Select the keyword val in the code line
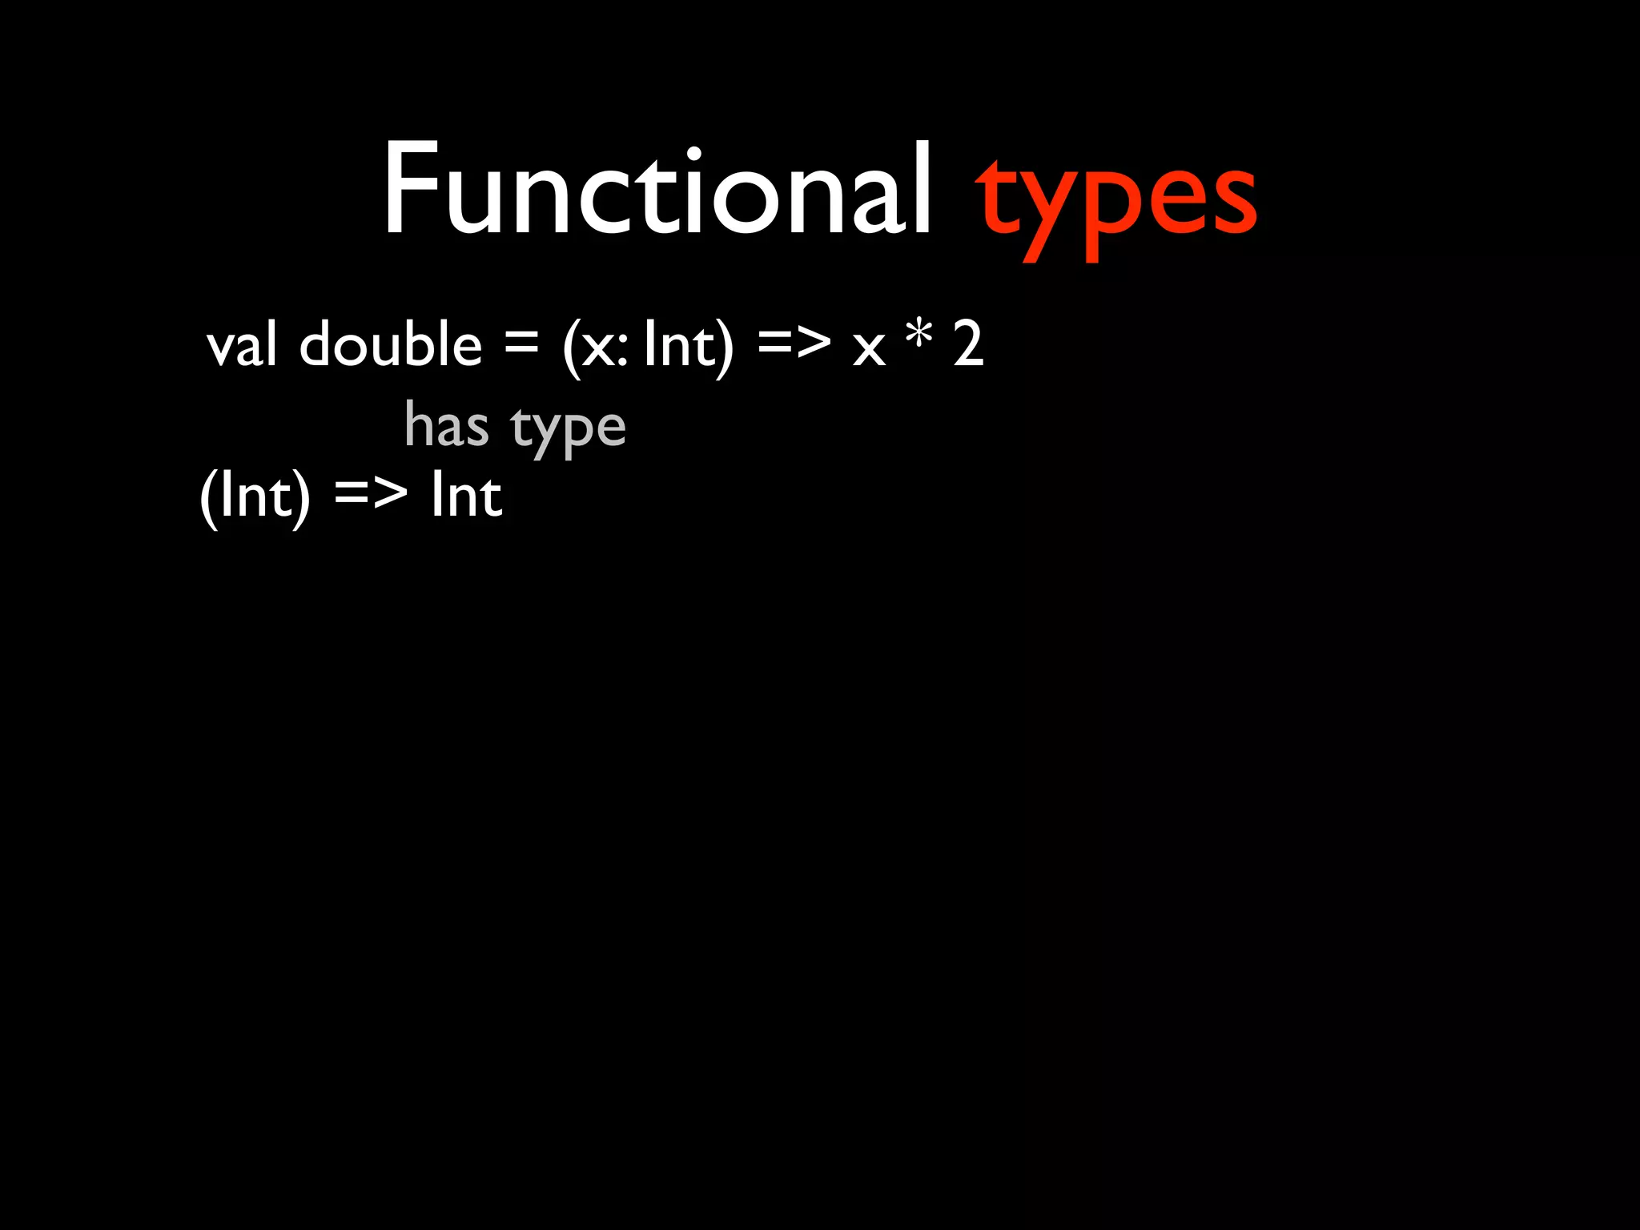pyautogui.click(x=242, y=344)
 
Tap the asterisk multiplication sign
pyautogui.click(x=918, y=335)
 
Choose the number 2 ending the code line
pyautogui.click(x=968, y=344)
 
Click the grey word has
pyautogui.click(x=446, y=424)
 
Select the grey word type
pyautogui.click(x=568, y=428)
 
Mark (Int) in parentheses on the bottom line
pyautogui.click(x=255, y=496)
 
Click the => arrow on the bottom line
pyautogui.click(x=370, y=493)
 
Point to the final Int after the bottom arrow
pyautogui.click(x=467, y=495)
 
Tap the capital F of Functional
pyautogui.click(x=411, y=190)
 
